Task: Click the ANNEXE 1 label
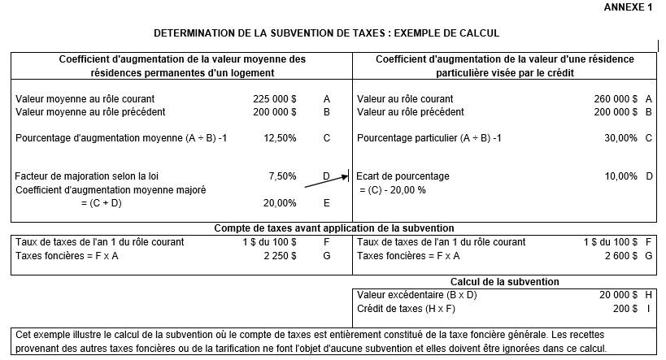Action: pos(629,7)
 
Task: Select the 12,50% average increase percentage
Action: pos(280,138)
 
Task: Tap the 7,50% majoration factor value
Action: pos(282,176)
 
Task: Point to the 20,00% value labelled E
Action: pos(280,203)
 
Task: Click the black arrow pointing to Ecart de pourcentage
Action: pos(325,180)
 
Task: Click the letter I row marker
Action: pos(648,309)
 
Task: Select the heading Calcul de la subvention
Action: pos(504,281)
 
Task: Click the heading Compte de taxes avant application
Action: pos(333,228)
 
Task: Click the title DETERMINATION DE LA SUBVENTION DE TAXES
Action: pos(326,33)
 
